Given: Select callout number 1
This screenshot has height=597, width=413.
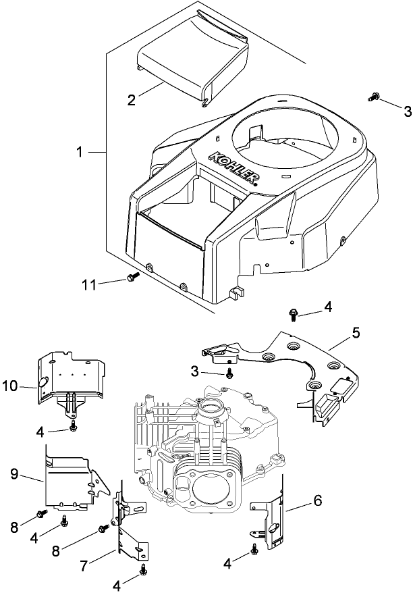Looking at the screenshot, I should [x=80, y=153].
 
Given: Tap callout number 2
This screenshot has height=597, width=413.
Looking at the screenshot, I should [x=132, y=100].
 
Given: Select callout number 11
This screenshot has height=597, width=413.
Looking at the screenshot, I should [x=90, y=284].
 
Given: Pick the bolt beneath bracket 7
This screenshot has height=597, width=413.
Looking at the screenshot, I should [x=144, y=571].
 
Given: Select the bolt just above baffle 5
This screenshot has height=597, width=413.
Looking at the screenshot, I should [x=295, y=312].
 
